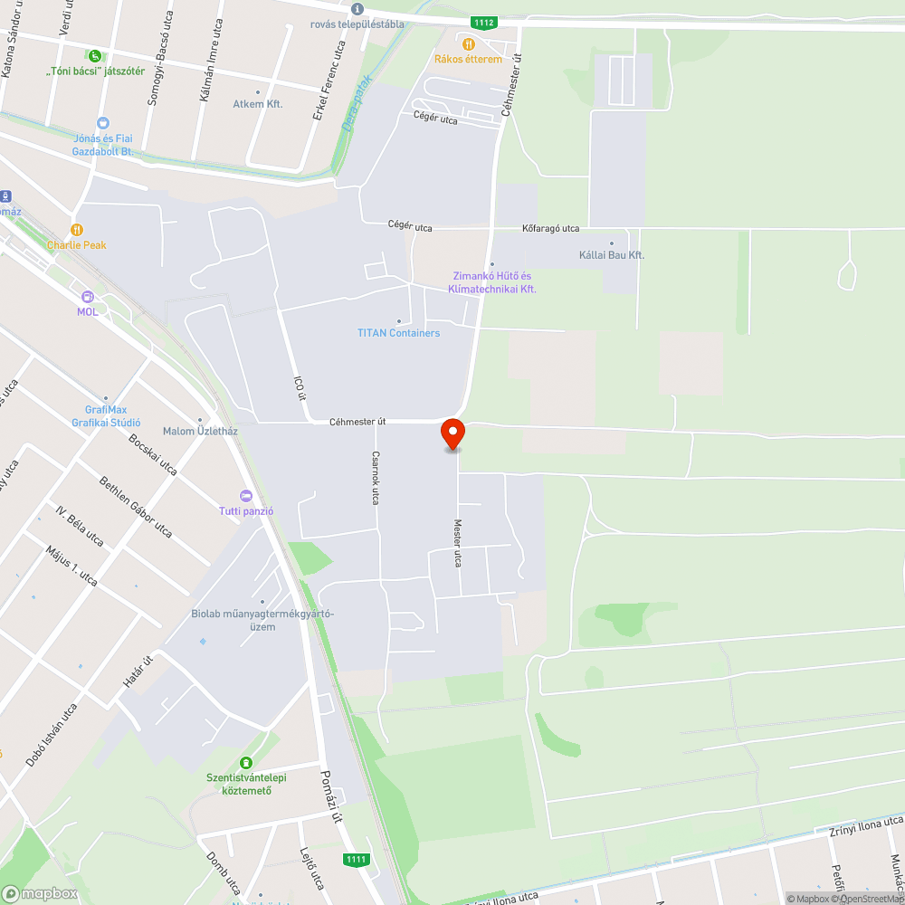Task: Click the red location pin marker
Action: coord(452,433)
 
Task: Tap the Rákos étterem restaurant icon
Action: coord(468,43)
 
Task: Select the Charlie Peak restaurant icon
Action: coord(77,230)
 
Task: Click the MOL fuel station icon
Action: coord(87,297)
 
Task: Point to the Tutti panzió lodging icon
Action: coord(246,496)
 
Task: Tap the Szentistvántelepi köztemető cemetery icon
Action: coord(246,763)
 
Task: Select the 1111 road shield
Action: coord(357,859)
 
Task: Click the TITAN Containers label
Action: coord(398,333)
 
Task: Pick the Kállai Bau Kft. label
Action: coord(612,255)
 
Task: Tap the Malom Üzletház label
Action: coord(200,431)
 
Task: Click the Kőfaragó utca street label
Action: coord(551,229)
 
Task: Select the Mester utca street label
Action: coord(458,543)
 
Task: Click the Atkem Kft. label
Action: coord(258,104)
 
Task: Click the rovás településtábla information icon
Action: coord(357,9)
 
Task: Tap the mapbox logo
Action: coord(40,893)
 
